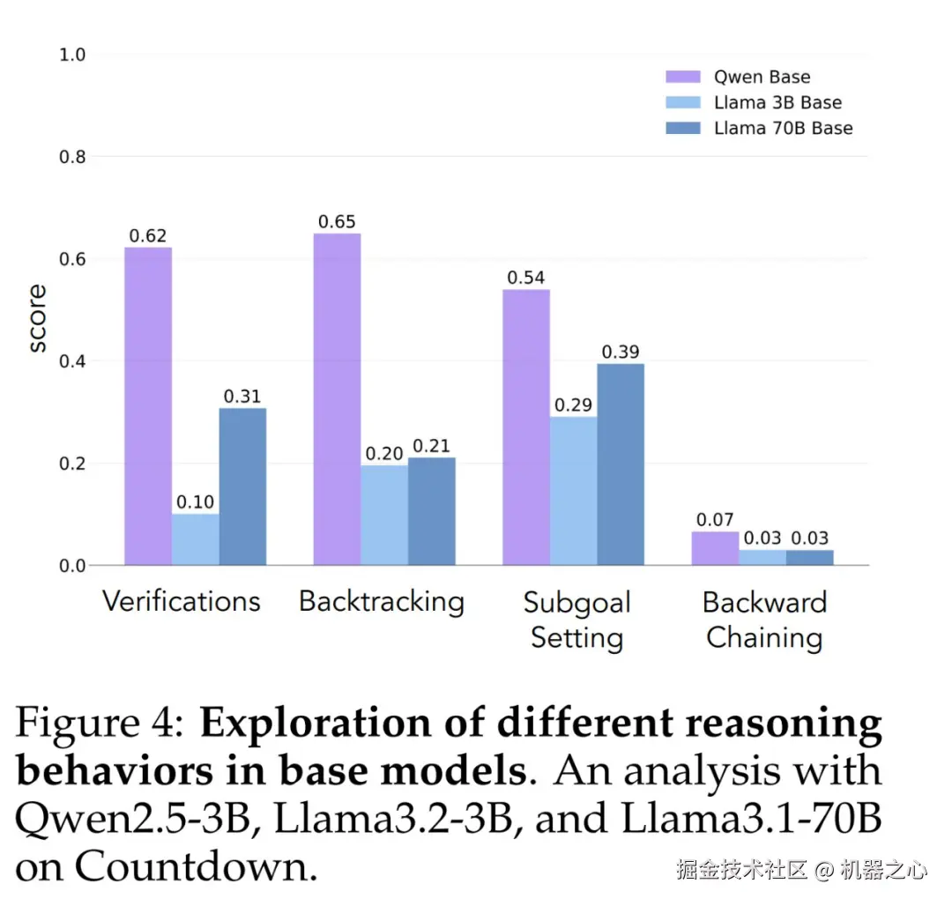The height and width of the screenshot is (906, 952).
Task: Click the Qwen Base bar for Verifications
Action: [x=148, y=405]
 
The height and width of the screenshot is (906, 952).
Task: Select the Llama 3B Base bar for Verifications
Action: [x=195, y=538]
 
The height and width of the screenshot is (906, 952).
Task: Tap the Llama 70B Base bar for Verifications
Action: [x=242, y=486]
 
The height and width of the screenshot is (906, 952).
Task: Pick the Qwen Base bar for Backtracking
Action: [x=337, y=398]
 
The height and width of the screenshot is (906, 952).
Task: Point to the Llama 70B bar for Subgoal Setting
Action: [x=621, y=464]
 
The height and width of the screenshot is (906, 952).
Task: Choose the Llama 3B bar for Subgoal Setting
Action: [x=573, y=490]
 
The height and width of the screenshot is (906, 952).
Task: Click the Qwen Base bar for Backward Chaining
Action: [x=715, y=548]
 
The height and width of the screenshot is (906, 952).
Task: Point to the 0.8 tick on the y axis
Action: [x=72, y=157]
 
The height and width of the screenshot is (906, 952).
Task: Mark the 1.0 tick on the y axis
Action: [x=72, y=55]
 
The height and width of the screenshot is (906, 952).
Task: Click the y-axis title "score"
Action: [x=37, y=318]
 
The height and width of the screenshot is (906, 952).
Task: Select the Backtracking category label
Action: [x=382, y=601]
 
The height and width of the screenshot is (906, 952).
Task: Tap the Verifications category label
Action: [x=182, y=601]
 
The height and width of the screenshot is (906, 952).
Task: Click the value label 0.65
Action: [x=336, y=222]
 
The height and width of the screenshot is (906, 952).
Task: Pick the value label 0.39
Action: [x=621, y=352]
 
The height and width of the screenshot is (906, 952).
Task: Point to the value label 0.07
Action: [x=715, y=520]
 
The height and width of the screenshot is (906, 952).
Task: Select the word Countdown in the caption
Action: [x=196, y=867]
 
